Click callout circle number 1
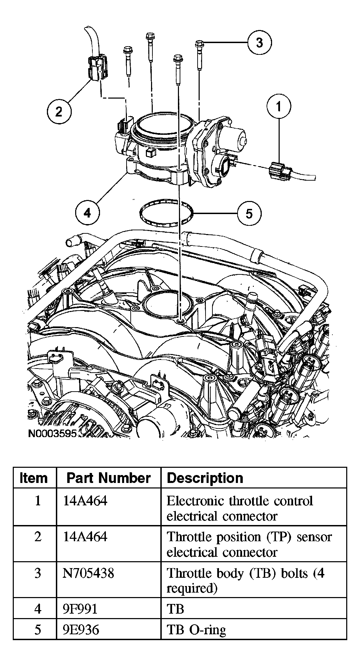tap(279, 107)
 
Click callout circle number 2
tap(59, 111)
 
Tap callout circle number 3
tap(259, 42)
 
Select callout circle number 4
tap(88, 213)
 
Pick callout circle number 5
tap(249, 213)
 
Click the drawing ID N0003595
tap(52, 433)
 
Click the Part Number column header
tap(108, 478)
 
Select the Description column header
tap(205, 478)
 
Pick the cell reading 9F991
tap(81, 609)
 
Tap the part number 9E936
tap(81, 629)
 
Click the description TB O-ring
tap(196, 629)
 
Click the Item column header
tap(34, 478)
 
